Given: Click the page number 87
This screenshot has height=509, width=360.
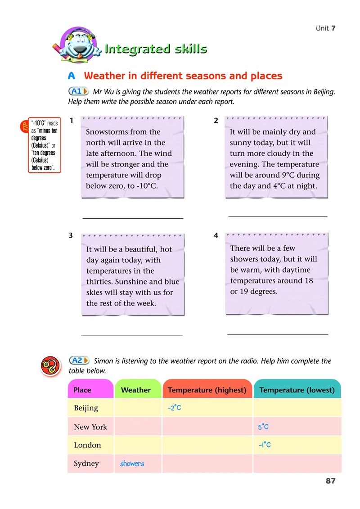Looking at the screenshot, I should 330,481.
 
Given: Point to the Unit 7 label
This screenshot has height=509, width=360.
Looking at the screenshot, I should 325,28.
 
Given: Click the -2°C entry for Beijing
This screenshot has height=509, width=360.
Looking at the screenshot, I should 174,408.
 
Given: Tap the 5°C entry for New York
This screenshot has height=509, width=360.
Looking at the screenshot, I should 263,427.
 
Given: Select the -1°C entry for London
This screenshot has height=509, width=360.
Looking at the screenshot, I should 265,445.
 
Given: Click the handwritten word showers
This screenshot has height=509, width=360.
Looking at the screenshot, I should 132,464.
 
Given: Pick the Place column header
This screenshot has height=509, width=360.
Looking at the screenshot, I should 82,390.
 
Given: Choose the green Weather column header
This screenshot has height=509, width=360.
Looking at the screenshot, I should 136,390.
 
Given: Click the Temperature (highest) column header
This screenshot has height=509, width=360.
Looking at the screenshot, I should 207,390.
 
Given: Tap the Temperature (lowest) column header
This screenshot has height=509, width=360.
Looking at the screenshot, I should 297,390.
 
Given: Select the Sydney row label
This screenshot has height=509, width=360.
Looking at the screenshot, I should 86,464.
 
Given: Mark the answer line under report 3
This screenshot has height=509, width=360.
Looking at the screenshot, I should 132,334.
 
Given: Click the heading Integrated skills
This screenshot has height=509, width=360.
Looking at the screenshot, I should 156,49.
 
